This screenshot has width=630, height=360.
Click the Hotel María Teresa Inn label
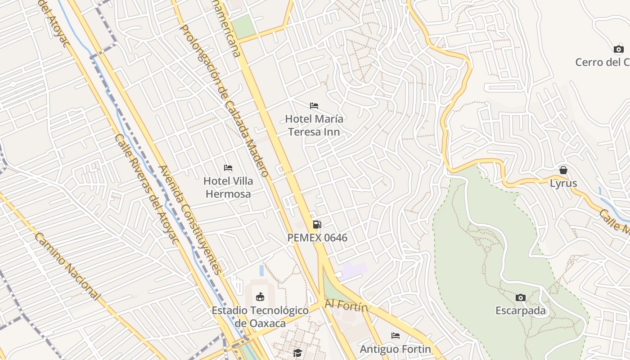pyautogui.click(x=314, y=126)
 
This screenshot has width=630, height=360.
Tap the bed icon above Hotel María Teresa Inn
pyautogui.click(x=314, y=106)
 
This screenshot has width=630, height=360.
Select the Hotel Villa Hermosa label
pyautogui.click(x=228, y=188)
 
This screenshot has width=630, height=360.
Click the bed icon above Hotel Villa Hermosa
pyautogui.click(x=228, y=168)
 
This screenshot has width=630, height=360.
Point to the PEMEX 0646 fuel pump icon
pyautogui.click(x=317, y=224)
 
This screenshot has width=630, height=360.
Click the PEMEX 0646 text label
pyautogui.click(x=317, y=238)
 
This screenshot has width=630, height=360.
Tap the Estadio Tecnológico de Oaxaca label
pyautogui.click(x=260, y=317)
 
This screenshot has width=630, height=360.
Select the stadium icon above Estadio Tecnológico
pyautogui.click(x=260, y=297)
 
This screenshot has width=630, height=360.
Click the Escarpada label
pyautogui.click(x=521, y=310)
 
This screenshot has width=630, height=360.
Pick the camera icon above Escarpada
pyautogui.click(x=521, y=297)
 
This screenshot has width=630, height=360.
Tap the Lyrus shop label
pyautogui.click(x=563, y=184)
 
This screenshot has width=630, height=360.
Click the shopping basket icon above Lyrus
pyautogui.click(x=563, y=170)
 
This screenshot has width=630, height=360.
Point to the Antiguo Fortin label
pyautogui.click(x=395, y=349)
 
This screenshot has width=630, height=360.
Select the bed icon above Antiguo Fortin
pyautogui.click(x=396, y=336)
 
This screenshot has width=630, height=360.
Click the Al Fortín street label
pyautogui.click(x=346, y=306)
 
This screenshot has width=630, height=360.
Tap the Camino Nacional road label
pyautogui.click(x=67, y=266)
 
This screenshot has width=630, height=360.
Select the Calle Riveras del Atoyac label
pyautogui.click(x=146, y=189)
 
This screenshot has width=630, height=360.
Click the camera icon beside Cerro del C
pyautogui.click(x=619, y=49)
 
